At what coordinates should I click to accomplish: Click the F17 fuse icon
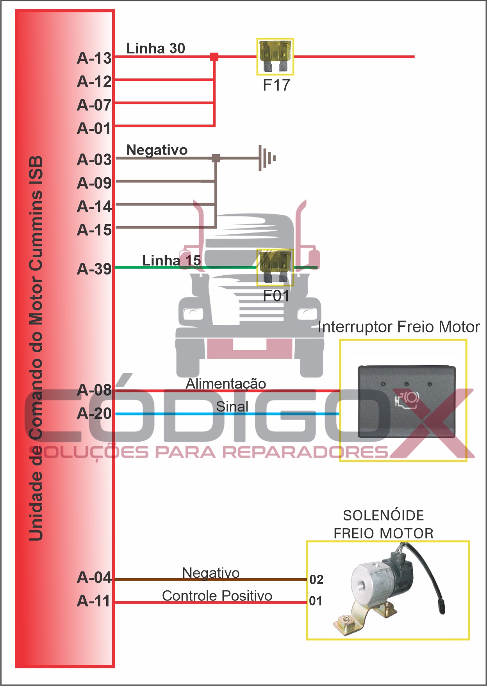click(275, 57)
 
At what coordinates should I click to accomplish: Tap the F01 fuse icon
click(275, 267)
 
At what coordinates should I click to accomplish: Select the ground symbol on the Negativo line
click(267, 158)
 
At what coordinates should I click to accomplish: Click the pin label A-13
click(95, 58)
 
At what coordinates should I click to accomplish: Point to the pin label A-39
click(95, 269)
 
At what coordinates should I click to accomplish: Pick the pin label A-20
click(95, 413)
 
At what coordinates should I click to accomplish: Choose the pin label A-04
click(95, 577)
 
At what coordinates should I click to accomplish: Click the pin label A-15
click(95, 230)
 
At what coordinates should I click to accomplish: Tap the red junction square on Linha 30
click(214, 57)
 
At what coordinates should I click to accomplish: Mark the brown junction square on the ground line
click(216, 158)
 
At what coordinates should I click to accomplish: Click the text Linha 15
click(171, 260)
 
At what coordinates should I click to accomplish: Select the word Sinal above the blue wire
click(232, 406)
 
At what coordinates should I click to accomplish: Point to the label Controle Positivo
click(217, 596)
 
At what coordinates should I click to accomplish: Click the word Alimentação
click(226, 384)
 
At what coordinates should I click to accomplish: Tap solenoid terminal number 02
click(316, 579)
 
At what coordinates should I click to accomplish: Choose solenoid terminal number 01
click(316, 601)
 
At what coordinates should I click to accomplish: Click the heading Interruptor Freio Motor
click(399, 327)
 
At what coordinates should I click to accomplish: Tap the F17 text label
click(277, 85)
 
